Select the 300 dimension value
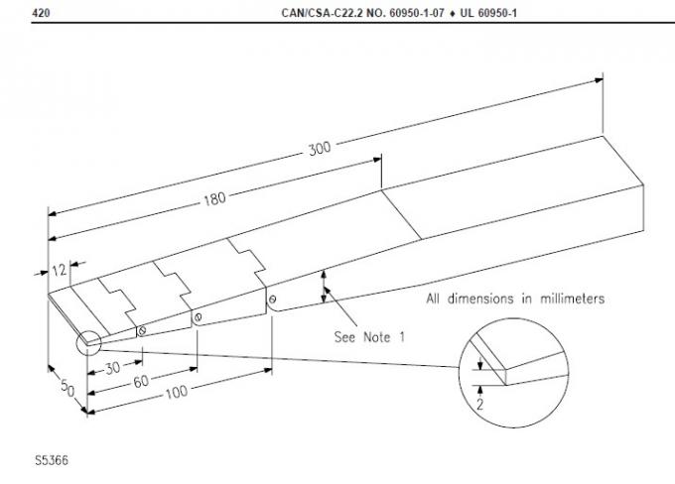(319, 149)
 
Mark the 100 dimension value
(176, 394)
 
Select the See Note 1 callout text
(371, 336)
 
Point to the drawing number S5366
(53, 461)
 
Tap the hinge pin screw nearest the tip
(144, 329)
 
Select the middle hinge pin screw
(200, 317)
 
